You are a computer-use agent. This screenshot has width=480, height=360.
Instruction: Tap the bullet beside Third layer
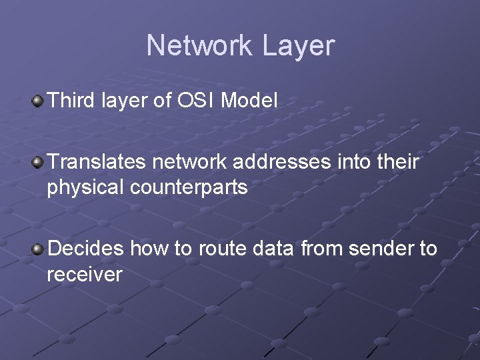pyautogui.click(x=38, y=101)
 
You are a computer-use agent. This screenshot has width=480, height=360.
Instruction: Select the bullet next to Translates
pyautogui.click(x=38, y=162)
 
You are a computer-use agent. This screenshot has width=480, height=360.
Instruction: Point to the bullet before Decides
pyautogui.click(x=38, y=249)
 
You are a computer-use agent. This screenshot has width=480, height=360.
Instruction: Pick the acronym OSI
pyautogui.click(x=195, y=101)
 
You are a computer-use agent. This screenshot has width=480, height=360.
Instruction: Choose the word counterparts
pyautogui.click(x=189, y=188)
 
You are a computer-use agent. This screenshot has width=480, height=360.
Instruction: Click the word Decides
pyautogui.click(x=85, y=249)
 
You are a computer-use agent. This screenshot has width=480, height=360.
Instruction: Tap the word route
pyautogui.click(x=222, y=249)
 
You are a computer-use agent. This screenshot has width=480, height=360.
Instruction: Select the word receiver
pyautogui.click(x=84, y=275)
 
